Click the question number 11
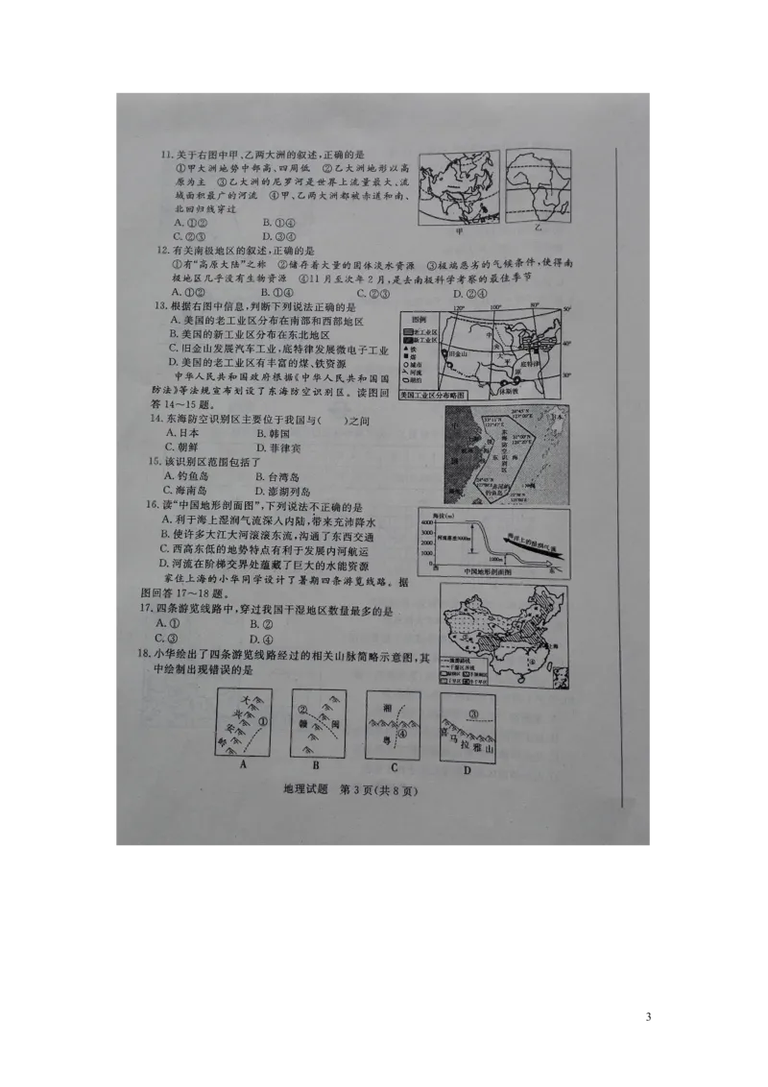pyautogui.click(x=166, y=156)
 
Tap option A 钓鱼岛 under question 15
pyautogui.click(x=183, y=476)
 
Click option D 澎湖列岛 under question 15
pyautogui.click(x=284, y=490)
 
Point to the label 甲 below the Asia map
pyautogui.click(x=459, y=231)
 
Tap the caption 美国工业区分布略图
pyautogui.click(x=432, y=395)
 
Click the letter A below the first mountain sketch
pyautogui.click(x=244, y=764)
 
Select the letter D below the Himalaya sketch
pyautogui.click(x=467, y=769)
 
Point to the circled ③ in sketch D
pyautogui.click(x=473, y=713)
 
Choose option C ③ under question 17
pyautogui.click(x=174, y=639)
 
